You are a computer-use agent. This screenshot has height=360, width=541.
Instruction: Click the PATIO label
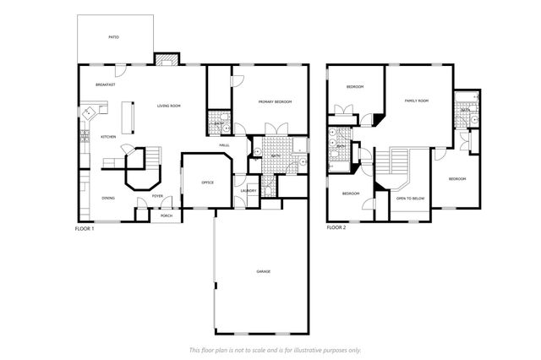coord(113,37)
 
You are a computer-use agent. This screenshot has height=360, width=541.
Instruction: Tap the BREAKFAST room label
coord(105,85)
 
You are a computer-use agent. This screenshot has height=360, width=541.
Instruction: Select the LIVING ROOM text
coord(169,106)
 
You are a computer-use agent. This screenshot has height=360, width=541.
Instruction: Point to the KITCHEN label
coord(108,137)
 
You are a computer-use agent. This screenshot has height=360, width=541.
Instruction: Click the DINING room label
coord(108,198)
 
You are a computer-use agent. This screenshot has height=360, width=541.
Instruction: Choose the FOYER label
coord(157,196)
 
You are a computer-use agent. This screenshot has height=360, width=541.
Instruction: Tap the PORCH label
coord(167,215)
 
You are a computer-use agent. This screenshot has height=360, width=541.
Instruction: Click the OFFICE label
coord(207,182)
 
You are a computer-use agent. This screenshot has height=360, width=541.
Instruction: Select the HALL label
coord(225,145)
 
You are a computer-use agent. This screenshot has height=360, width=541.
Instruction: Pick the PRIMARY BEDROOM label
coord(275,102)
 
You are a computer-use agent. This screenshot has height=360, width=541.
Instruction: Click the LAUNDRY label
coord(249,190)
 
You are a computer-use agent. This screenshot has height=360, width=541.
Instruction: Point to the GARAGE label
coord(264,271)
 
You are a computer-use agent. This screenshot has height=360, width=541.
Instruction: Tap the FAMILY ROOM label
coord(417,101)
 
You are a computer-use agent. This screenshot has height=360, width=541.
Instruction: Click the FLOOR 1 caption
coord(85,228)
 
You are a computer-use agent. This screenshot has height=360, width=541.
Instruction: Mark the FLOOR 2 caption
coord(336,228)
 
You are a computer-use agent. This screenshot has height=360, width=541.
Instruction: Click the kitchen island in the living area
coord(130,117)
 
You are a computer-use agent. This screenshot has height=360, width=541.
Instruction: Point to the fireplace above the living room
coord(166,59)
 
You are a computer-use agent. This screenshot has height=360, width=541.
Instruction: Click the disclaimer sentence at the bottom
coord(275,349)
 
